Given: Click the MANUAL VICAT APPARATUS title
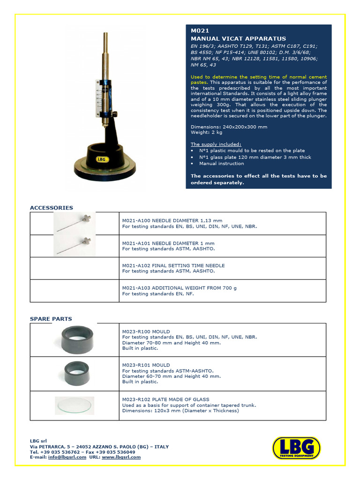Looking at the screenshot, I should click(x=238, y=38).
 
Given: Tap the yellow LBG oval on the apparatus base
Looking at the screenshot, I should click(x=103, y=158).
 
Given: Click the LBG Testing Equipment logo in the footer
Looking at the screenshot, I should click(x=296, y=448).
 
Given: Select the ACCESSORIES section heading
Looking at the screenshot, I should click(x=52, y=208).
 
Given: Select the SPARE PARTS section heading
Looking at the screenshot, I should click(x=51, y=319).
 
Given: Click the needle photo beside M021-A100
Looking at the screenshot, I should click(x=75, y=223).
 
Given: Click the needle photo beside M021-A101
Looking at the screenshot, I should click(x=75, y=245).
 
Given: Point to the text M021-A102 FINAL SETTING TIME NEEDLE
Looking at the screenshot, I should click(x=173, y=265).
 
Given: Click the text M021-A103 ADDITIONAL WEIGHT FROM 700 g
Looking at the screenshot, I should click(x=180, y=288).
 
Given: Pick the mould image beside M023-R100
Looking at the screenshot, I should click(x=77, y=339).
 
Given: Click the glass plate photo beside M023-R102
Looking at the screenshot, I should click(x=75, y=405).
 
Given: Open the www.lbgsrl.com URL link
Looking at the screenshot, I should click(x=121, y=457).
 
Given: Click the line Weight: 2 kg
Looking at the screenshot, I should click(x=205, y=133).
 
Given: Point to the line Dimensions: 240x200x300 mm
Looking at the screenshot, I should click(x=229, y=127).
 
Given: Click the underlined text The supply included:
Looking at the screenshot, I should click(x=216, y=144).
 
